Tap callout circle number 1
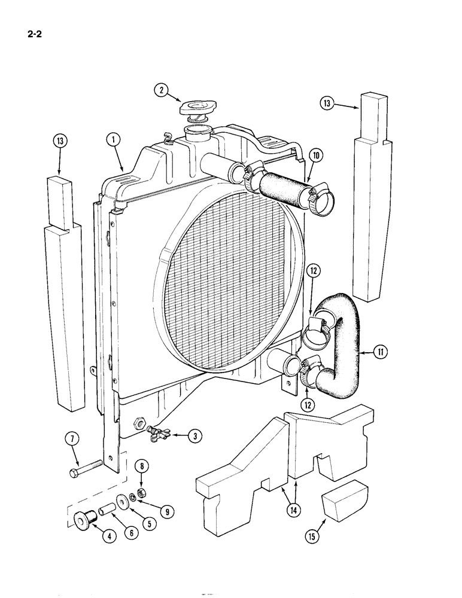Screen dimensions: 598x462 pos(112,140)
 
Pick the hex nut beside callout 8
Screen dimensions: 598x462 pos(142,493)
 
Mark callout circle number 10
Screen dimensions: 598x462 pos(317,156)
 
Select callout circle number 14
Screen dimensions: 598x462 pos(291,510)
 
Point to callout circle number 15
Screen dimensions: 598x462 pos(312,536)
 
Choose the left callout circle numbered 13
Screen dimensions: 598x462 pos(59,142)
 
